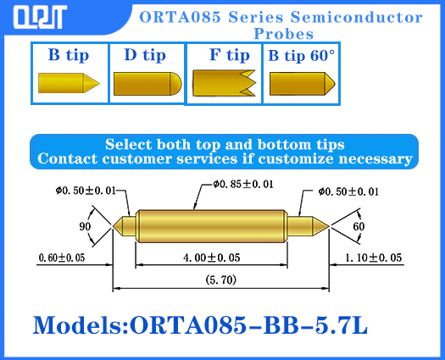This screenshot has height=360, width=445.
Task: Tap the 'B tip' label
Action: (x=69, y=56)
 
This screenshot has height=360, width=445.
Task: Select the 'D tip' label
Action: (x=145, y=56)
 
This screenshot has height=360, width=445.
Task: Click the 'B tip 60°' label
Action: (x=302, y=56)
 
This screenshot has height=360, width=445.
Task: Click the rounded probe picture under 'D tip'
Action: (x=147, y=84)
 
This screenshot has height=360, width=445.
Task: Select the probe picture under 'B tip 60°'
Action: (x=302, y=84)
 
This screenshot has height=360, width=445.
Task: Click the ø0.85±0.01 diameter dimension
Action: (x=242, y=184)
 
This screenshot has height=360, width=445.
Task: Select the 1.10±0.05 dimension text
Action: (x=373, y=257)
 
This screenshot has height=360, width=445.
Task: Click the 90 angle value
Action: (x=85, y=227)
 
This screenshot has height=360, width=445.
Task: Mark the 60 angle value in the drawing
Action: (x=359, y=227)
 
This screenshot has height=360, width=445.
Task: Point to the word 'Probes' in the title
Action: (x=284, y=34)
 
